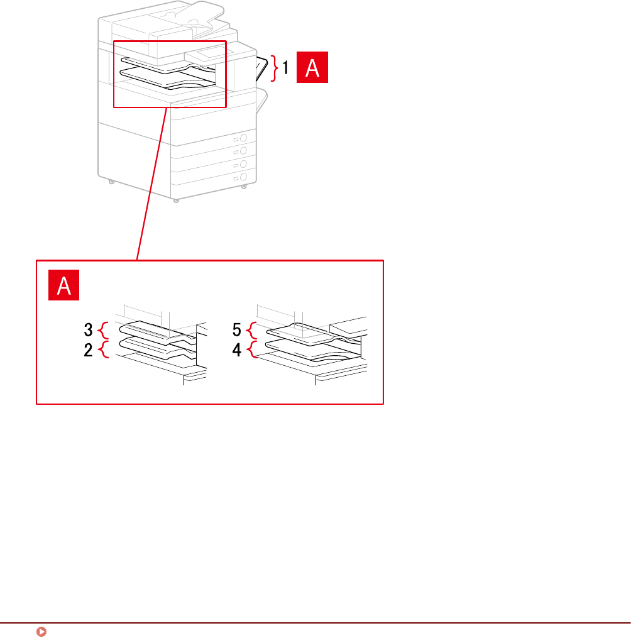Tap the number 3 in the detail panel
pyautogui.click(x=89, y=329)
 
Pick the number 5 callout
pyautogui.click(x=237, y=329)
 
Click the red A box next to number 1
pyautogui.click(x=312, y=68)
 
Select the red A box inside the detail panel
pyautogui.click(x=63, y=287)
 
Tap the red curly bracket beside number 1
pyautogui.click(x=274, y=68)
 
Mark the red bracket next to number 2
pyautogui.click(x=104, y=349)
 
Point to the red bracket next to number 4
pyautogui.click(x=253, y=349)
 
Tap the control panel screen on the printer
pyautogui.click(x=209, y=53)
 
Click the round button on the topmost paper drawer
pyautogui.click(x=244, y=137)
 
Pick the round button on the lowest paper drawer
pyautogui.click(x=244, y=178)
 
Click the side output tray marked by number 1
pyautogui.click(x=263, y=68)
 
